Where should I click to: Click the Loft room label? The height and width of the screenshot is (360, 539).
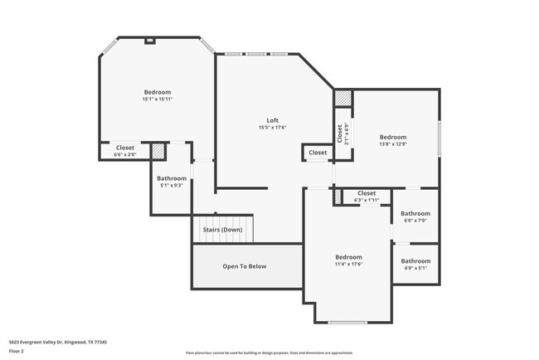[x=272, y=120]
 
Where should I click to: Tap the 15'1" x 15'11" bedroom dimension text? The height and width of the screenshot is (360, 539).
[x=158, y=99]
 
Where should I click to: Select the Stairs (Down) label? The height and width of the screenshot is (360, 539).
[x=222, y=230]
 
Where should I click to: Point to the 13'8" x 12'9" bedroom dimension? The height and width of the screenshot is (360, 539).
[x=393, y=144]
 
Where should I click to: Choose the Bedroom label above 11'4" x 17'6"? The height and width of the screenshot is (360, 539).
[x=348, y=257]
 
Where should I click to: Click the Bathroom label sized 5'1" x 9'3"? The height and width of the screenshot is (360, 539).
[x=172, y=178]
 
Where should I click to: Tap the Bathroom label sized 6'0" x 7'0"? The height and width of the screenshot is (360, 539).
[x=415, y=213]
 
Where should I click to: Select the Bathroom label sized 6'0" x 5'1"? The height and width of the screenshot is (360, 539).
[x=415, y=261]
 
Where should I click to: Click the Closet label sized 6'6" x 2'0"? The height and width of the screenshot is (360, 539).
[x=125, y=147]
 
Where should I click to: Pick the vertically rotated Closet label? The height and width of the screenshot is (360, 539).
[x=339, y=133]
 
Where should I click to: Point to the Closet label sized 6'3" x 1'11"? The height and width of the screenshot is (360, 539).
[x=367, y=193]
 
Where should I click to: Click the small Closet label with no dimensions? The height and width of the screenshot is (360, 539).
[x=318, y=153]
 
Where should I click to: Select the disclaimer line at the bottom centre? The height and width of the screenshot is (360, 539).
[x=269, y=353]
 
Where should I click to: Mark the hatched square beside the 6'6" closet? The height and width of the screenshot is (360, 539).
[x=158, y=150]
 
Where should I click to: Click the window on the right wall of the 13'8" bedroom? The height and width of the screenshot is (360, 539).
[x=439, y=135]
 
